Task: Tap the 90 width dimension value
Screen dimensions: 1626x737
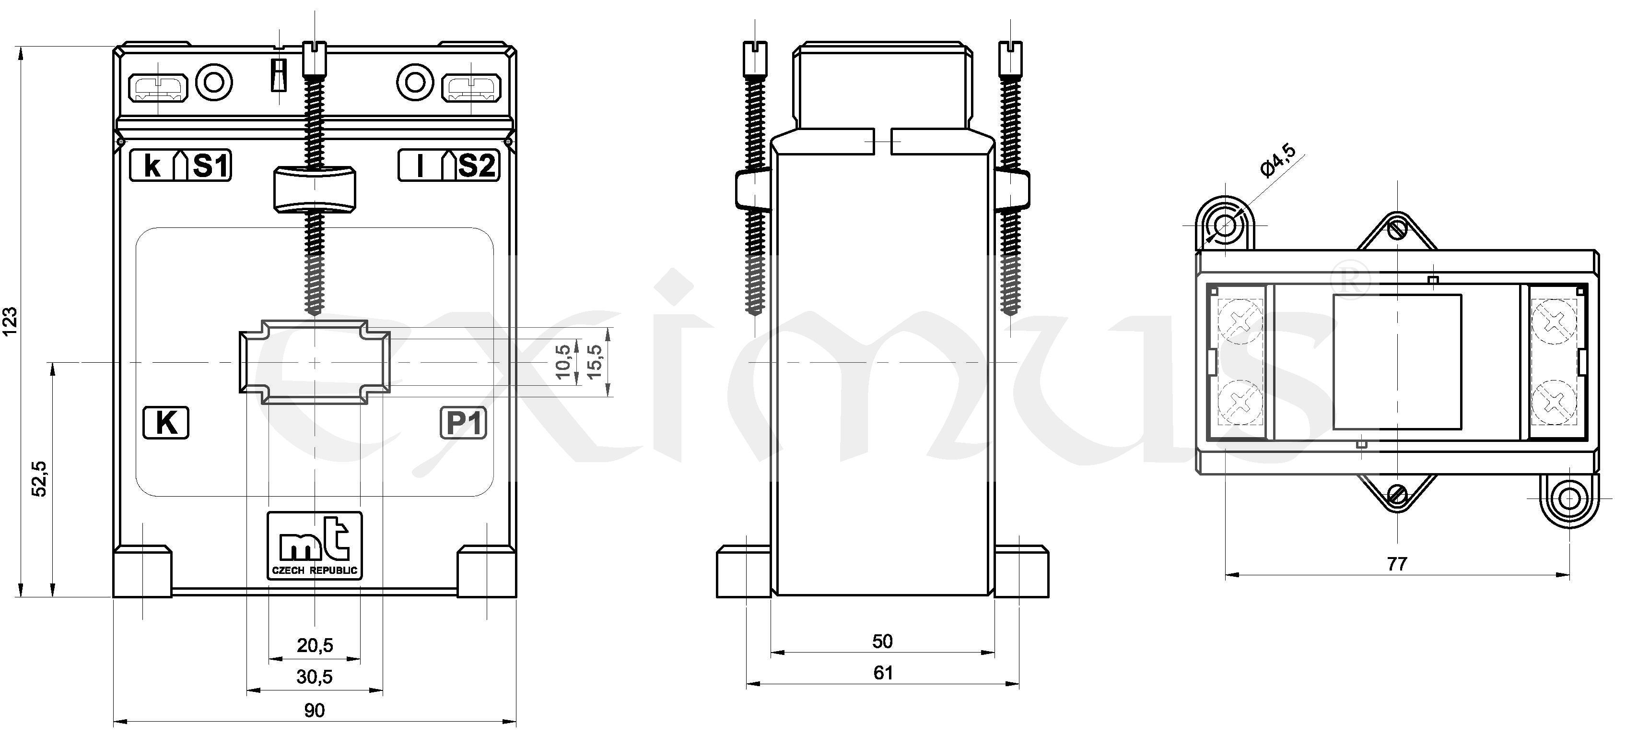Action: pos(315,711)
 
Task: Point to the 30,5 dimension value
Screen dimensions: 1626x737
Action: pos(315,677)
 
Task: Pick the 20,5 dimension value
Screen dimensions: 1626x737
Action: pos(315,645)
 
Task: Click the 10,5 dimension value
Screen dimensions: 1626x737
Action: pos(564,361)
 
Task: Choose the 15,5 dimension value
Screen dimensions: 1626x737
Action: pos(594,361)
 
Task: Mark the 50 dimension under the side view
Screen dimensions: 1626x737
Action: pos(882,641)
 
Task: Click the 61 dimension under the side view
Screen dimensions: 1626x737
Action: pos(882,673)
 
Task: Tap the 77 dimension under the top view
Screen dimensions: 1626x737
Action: pos(1397,563)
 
